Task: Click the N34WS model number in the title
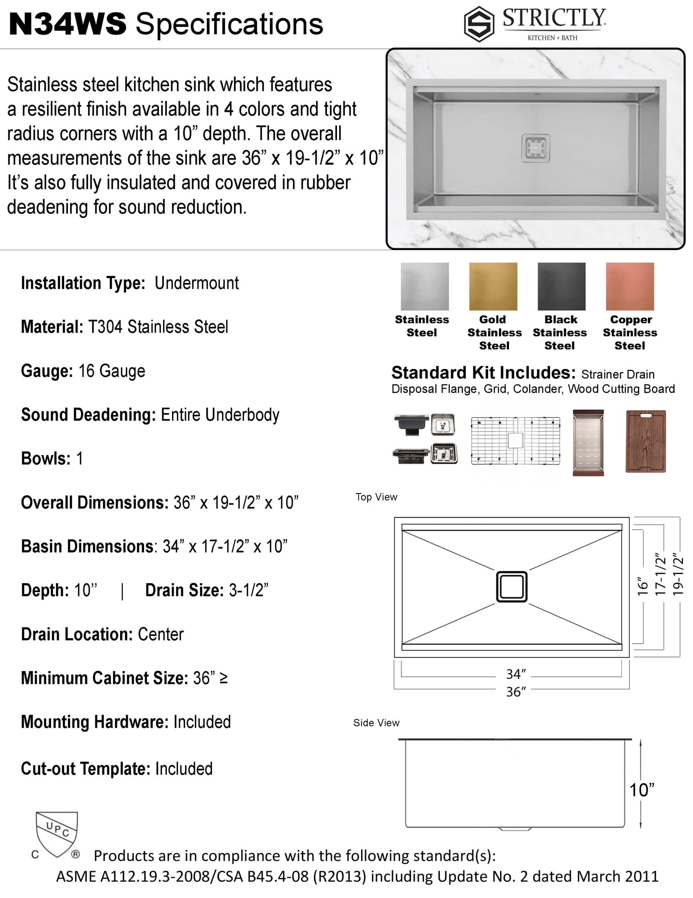(x=68, y=24)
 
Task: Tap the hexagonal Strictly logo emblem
(x=479, y=24)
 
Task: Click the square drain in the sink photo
(x=536, y=148)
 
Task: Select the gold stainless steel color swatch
(x=493, y=287)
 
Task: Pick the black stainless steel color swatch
(x=561, y=287)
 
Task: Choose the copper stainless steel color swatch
(x=630, y=287)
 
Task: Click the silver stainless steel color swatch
(x=425, y=287)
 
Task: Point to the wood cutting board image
(x=645, y=441)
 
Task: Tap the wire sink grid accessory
(x=515, y=441)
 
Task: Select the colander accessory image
(x=588, y=442)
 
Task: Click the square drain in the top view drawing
(x=512, y=587)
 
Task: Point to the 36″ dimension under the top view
(x=515, y=692)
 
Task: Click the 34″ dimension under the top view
(x=515, y=674)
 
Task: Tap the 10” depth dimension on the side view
(x=641, y=790)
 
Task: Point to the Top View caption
(x=376, y=497)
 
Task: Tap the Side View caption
(x=376, y=723)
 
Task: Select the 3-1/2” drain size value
(x=248, y=590)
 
